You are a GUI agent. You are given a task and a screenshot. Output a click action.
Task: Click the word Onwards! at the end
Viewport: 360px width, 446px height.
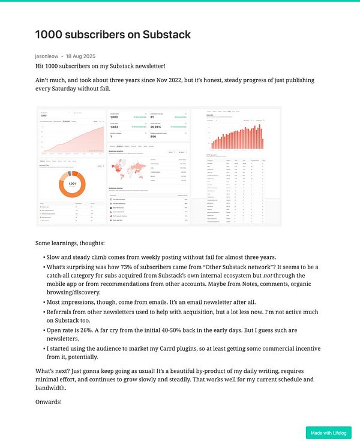[x=48, y=401]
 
